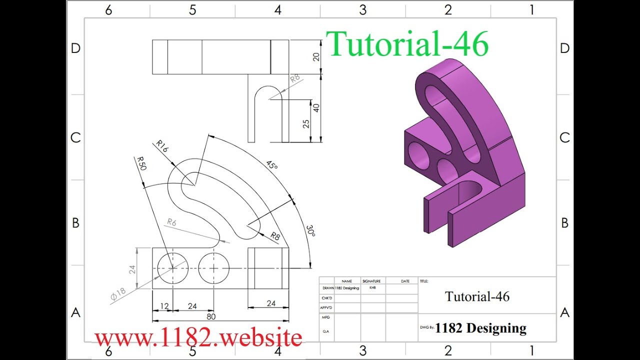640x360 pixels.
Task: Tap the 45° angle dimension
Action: click(x=271, y=165)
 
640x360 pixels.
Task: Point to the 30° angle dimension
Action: click(x=310, y=231)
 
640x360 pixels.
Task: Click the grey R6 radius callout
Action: click(x=171, y=222)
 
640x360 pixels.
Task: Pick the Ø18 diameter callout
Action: click(x=118, y=294)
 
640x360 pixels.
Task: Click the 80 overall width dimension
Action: click(x=211, y=316)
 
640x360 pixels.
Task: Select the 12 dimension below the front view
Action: click(x=164, y=306)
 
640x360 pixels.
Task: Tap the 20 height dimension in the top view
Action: click(x=316, y=57)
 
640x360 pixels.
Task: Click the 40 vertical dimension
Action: click(x=316, y=107)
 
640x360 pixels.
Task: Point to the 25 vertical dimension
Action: click(x=306, y=123)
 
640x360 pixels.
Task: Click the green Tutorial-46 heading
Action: click(x=407, y=43)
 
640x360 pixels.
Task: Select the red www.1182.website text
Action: click(x=198, y=337)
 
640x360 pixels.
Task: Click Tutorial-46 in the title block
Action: click(x=477, y=296)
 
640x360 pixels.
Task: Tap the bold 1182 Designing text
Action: click(x=480, y=328)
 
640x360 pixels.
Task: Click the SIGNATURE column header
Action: click(x=371, y=281)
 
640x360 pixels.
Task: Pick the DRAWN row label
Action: click(x=328, y=288)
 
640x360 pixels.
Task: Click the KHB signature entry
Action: click(x=372, y=287)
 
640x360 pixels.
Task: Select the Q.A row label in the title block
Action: click(x=326, y=331)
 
